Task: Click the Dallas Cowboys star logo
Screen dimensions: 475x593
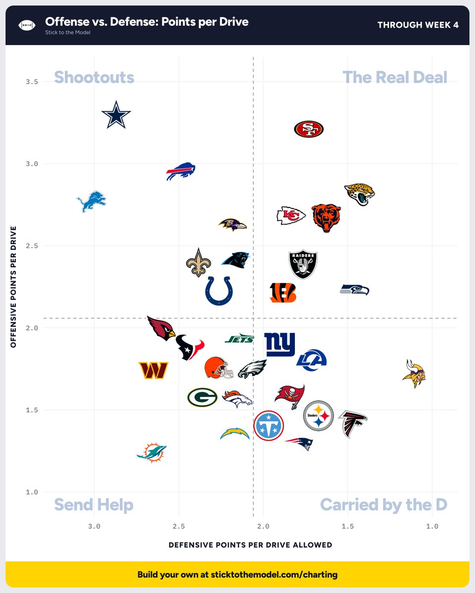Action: tap(116, 115)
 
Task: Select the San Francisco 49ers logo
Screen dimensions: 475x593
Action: tap(309, 129)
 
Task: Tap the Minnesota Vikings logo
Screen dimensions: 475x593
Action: tap(414, 374)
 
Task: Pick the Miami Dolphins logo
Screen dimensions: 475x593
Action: tap(152, 453)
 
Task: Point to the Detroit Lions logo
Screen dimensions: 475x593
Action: tap(91, 201)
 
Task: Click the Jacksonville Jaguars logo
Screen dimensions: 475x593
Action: tap(359, 194)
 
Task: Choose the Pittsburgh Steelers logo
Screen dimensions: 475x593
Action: tap(318, 416)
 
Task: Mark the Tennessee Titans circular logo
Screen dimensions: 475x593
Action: tap(269, 425)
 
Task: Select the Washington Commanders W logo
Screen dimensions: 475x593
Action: tap(153, 370)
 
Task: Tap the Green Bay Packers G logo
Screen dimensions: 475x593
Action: tap(202, 397)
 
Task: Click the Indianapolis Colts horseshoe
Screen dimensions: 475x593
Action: tap(219, 291)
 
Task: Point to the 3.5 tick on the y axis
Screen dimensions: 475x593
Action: tap(32, 82)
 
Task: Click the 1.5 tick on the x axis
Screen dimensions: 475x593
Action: tap(347, 527)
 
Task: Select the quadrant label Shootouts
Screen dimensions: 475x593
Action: tap(94, 77)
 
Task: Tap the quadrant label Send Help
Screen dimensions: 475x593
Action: tap(94, 505)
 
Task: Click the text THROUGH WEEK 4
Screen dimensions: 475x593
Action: tap(418, 25)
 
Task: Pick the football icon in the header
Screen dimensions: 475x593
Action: tap(27, 25)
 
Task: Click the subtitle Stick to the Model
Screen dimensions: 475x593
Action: tap(68, 32)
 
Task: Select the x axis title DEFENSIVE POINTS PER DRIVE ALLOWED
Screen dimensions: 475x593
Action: tap(250, 545)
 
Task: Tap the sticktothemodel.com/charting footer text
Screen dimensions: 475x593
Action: tap(274, 575)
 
